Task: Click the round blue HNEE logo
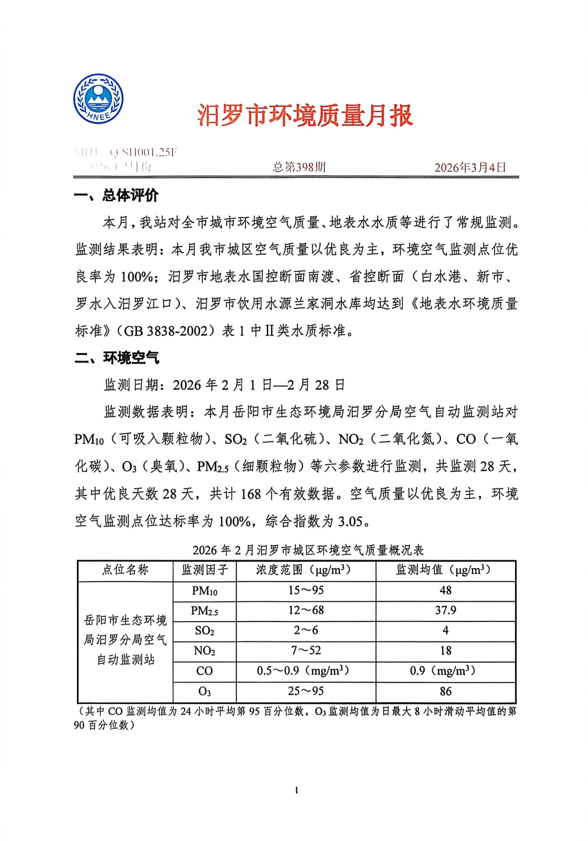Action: tap(98, 98)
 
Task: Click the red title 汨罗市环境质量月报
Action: tap(305, 115)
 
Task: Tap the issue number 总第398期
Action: tap(299, 167)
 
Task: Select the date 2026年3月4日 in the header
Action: tap(470, 168)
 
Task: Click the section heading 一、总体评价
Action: tap(116, 195)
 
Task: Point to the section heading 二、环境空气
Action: tap(117, 358)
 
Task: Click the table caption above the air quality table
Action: tap(308, 550)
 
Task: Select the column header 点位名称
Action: tap(125, 570)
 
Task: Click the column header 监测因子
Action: tap(204, 570)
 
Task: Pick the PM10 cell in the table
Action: tap(204, 591)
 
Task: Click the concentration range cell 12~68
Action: tap(306, 610)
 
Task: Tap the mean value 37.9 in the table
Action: tap(446, 610)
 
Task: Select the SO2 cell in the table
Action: tap(204, 631)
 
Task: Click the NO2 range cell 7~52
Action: tap(306, 650)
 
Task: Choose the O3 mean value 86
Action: tap(446, 691)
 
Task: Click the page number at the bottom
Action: tap(296, 790)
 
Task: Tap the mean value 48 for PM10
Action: tap(446, 590)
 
